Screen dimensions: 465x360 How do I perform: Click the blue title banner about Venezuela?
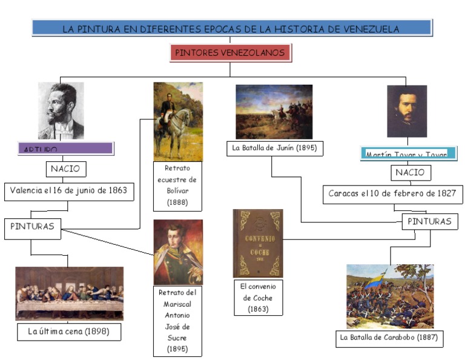tap(231, 28)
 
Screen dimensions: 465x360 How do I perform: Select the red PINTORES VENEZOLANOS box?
tap(230, 53)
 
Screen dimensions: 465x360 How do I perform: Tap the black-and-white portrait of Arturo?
tap(61, 111)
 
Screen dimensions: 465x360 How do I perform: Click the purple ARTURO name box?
tap(66, 148)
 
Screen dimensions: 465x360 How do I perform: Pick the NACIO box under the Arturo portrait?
tap(66, 168)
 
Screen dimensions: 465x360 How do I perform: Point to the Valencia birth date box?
tap(68, 190)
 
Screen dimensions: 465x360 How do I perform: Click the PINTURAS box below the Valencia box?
tap(33, 227)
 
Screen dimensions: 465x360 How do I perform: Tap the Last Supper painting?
tap(69, 293)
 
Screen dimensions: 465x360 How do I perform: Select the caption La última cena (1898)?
tap(69, 332)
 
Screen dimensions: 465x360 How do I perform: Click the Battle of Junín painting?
tap(274, 112)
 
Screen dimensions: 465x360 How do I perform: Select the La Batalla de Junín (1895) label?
tap(274, 147)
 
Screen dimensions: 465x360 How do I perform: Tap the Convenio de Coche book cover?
tap(258, 243)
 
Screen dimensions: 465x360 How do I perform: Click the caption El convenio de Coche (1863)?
tap(258, 298)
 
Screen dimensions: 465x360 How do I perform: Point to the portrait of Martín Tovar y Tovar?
tap(406, 111)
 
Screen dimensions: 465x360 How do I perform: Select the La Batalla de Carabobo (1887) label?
tap(389, 338)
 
